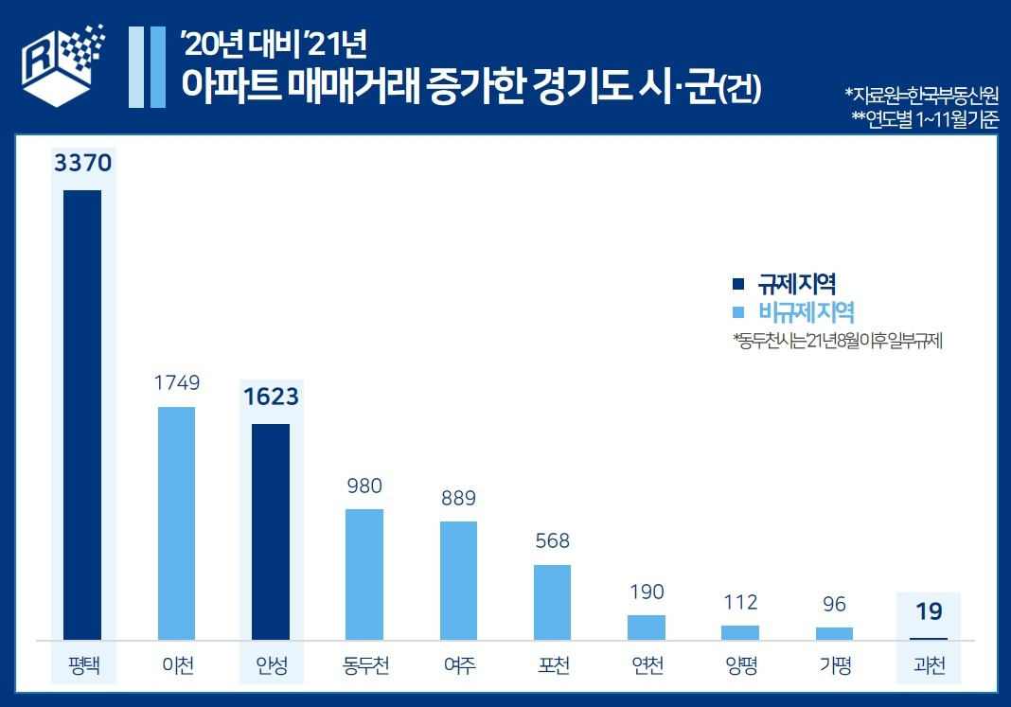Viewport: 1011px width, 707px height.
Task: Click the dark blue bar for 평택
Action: (81, 415)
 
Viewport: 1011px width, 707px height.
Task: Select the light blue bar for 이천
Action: (176, 523)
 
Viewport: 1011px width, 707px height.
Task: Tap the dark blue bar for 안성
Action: (270, 532)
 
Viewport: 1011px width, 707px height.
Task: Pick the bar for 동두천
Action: (364, 574)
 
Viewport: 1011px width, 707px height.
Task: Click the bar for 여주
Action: (458, 580)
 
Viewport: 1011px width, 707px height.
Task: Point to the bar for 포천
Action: (553, 602)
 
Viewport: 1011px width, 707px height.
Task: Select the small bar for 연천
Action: (647, 627)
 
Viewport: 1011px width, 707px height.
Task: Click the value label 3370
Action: (83, 163)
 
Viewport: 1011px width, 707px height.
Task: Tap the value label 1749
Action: (176, 383)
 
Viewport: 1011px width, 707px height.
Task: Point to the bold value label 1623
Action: (270, 398)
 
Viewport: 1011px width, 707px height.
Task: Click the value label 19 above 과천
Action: (928, 612)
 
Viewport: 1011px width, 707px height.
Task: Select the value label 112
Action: (740, 603)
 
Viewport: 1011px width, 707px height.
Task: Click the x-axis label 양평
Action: (740, 665)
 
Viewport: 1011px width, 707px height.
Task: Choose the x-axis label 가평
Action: (834, 665)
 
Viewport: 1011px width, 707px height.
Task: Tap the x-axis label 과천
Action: (928, 665)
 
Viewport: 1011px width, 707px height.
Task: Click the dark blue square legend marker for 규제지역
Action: (738, 284)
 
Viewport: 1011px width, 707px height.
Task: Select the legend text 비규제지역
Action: (807, 312)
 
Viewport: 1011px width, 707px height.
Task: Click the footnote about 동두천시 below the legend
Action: (837, 340)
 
